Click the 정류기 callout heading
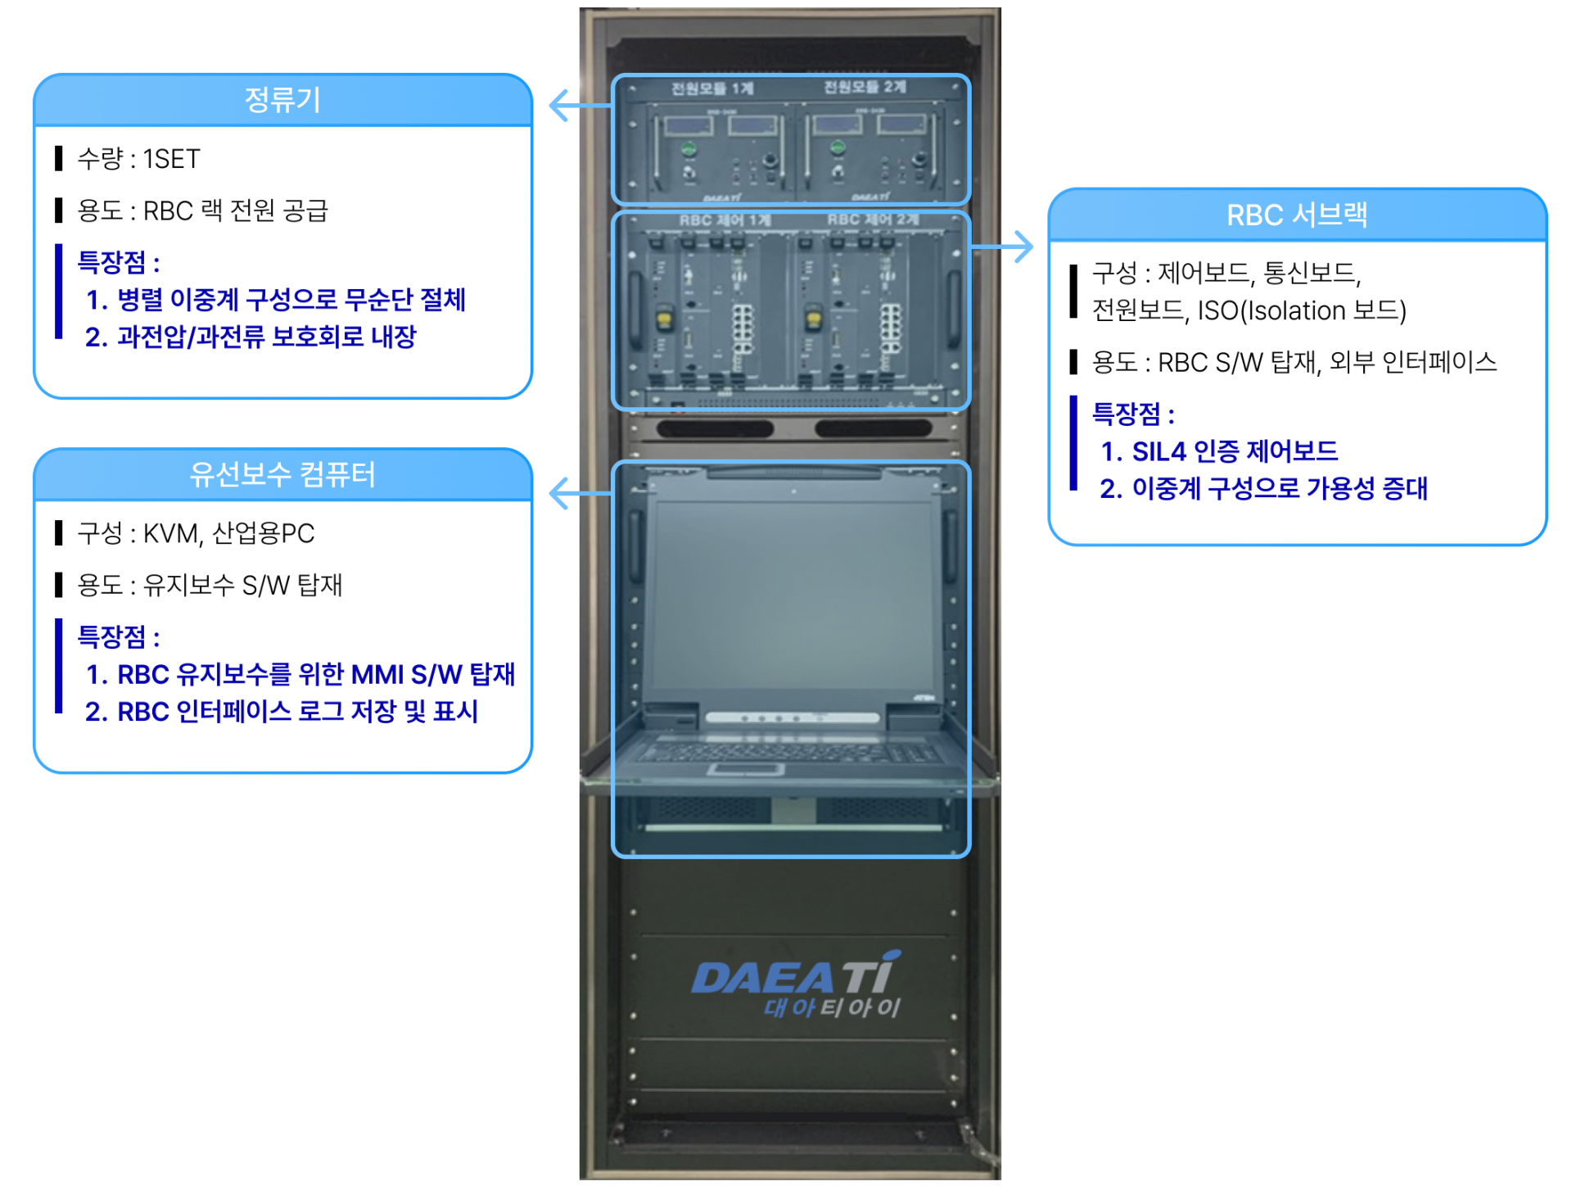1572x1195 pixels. click(282, 100)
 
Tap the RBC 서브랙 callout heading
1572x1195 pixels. click(1297, 215)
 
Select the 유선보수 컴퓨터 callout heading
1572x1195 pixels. click(282, 474)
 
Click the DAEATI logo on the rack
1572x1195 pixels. click(796, 984)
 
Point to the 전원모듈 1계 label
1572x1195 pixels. click(711, 88)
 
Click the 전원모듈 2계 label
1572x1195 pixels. click(865, 87)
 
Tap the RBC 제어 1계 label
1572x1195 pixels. click(725, 220)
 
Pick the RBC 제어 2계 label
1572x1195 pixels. click(873, 220)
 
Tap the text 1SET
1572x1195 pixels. click(172, 159)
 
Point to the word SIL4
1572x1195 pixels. click(1159, 451)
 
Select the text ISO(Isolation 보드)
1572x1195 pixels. click(1302, 310)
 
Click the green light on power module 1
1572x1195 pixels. click(689, 149)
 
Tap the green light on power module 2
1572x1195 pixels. click(837, 147)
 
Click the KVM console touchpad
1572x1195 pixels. click(746, 769)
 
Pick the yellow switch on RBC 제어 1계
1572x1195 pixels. click(665, 317)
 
